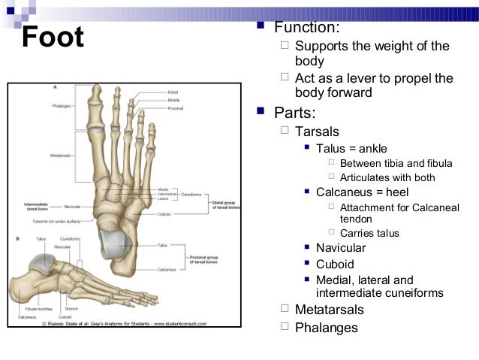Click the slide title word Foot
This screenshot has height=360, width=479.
(53, 38)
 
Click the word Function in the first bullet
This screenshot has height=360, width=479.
(307, 28)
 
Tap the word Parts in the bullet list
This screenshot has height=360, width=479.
(295, 113)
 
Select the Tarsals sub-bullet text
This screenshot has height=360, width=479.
(318, 132)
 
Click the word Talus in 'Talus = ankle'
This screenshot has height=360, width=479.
(330, 148)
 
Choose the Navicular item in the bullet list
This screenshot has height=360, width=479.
(341, 248)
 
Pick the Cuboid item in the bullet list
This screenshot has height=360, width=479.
(335, 264)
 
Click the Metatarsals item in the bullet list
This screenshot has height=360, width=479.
(330, 310)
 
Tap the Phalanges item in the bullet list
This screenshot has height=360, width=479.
(327, 328)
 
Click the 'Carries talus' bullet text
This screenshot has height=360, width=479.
(369, 233)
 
